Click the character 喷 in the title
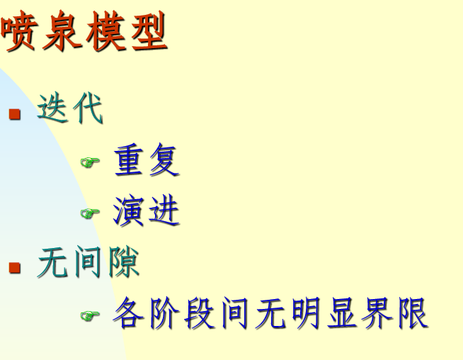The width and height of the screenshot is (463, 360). tap(20, 33)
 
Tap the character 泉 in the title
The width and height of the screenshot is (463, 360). tap(62, 33)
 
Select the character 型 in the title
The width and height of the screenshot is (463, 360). tap(148, 33)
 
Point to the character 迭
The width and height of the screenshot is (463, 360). tap(54, 110)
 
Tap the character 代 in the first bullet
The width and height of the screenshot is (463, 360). tap(88, 110)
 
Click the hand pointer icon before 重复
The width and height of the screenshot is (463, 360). tap(90, 162)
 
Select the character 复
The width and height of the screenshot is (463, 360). tap(164, 160)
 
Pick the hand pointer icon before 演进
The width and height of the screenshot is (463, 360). tap(90, 213)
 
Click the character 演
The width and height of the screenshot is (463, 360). tap(130, 211)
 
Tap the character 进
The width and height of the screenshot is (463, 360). tap(164, 211)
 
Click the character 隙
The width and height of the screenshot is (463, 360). tap(123, 263)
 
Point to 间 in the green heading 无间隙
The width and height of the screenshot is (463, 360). tap(88, 263)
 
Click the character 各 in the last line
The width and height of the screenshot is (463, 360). tap(130, 313)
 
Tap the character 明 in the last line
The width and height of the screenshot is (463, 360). tap(306, 313)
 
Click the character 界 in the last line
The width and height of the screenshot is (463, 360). tap(377, 313)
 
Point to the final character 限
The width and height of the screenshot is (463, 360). tap(412, 313)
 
